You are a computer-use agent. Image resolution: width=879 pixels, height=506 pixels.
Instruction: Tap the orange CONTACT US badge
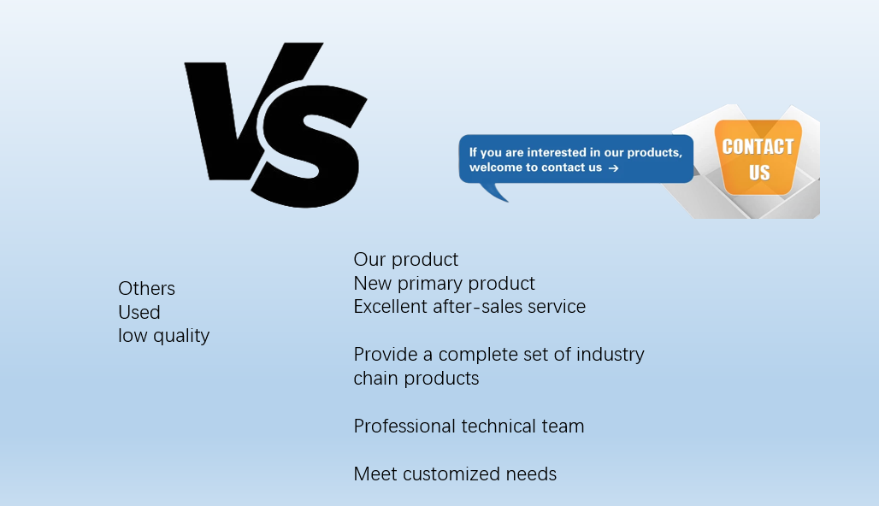click(758, 157)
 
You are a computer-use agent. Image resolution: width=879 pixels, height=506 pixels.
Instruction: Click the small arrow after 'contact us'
click(613, 168)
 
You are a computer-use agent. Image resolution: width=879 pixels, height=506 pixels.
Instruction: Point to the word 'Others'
click(146, 289)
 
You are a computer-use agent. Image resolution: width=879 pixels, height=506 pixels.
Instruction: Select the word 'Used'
click(139, 312)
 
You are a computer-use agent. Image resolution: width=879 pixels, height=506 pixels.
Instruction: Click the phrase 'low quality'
click(163, 336)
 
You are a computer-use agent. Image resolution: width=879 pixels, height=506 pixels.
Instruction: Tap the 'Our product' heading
click(406, 260)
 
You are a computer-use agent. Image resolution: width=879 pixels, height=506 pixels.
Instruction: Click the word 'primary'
click(430, 284)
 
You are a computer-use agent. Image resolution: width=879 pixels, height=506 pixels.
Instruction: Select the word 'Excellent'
click(391, 307)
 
